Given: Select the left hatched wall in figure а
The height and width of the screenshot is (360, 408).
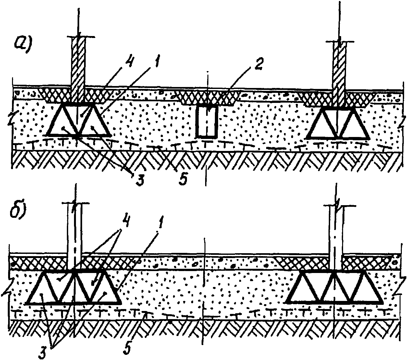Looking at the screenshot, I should click(78, 70).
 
